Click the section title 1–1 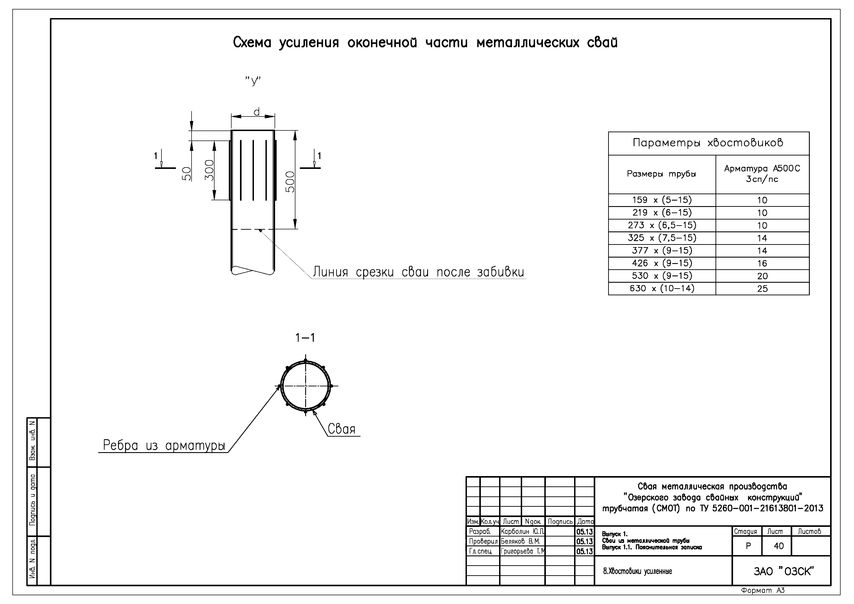pos(305,337)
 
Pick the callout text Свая pos(341,429)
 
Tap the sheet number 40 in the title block pos(778,546)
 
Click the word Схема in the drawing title pos(252,43)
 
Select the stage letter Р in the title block pos(748,546)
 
